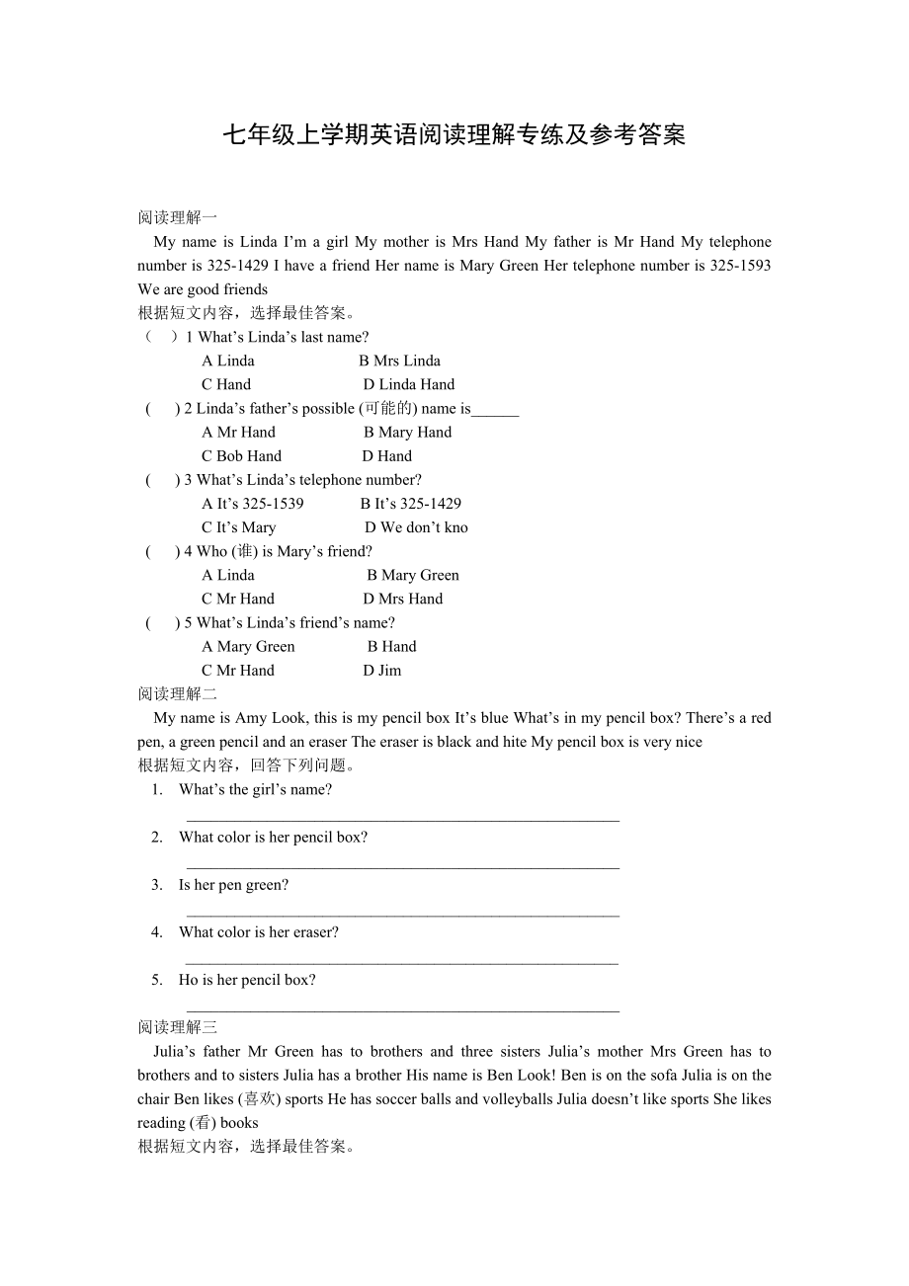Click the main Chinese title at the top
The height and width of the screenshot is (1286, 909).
click(x=454, y=135)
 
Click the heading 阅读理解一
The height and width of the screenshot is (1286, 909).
click(x=177, y=217)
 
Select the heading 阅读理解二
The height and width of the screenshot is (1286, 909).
click(x=177, y=693)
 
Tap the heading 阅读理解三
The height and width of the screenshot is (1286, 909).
click(x=177, y=1027)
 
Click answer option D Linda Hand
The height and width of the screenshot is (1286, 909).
click(x=408, y=384)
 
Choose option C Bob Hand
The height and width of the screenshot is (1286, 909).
click(x=241, y=455)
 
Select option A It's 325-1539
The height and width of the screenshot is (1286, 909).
click(x=252, y=503)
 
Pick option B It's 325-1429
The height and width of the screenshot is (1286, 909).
click(x=410, y=503)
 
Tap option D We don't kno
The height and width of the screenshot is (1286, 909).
click(x=415, y=526)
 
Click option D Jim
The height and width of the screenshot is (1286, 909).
click(x=381, y=670)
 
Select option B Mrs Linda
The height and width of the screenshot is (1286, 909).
click(x=399, y=361)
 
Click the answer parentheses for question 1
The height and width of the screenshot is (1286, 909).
click(x=161, y=337)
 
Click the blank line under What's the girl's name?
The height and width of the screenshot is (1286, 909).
click(x=402, y=819)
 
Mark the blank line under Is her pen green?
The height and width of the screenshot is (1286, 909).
click(x=402, y=915)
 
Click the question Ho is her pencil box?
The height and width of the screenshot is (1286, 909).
click(x=247, y=980)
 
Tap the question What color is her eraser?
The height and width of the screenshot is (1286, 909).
click(x=258, y=931)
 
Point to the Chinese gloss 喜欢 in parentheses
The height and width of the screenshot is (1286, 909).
click(x=259, y=1098)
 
